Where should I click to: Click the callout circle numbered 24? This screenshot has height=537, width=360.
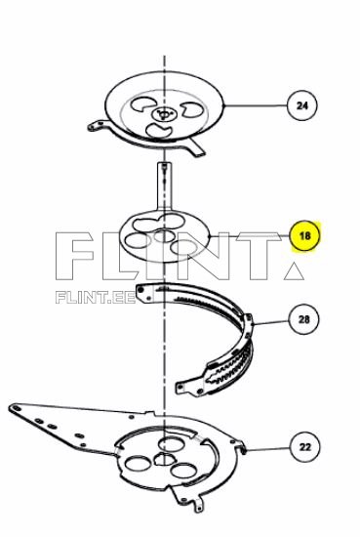[x=301, y=105]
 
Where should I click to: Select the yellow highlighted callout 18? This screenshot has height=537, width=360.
[x=304, y=235]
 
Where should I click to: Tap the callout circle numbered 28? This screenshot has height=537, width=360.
[x=303, y=319]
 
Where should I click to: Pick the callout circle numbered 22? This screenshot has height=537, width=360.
[x=305, y=447]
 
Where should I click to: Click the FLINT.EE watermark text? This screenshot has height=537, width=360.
[x=96, y=298]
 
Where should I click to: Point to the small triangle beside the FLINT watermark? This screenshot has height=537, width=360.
[x=294, y=271]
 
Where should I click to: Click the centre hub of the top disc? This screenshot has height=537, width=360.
[x=164, y=113]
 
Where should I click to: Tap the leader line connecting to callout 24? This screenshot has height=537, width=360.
[x=256, y=105]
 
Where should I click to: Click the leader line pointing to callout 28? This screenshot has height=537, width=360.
[x=271, y=322]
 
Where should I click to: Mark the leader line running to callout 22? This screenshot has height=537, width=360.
[x=267, y=448]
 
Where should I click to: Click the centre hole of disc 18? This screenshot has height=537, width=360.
[x=164, y=236]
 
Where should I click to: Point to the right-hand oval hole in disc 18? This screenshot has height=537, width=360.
[x=183, y=247]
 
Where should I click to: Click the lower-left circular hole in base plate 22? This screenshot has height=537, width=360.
[x=138, y=463]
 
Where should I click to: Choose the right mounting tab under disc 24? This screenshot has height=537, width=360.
[x=197, y=148]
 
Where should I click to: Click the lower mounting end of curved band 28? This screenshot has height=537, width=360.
[x=190, y=387]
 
